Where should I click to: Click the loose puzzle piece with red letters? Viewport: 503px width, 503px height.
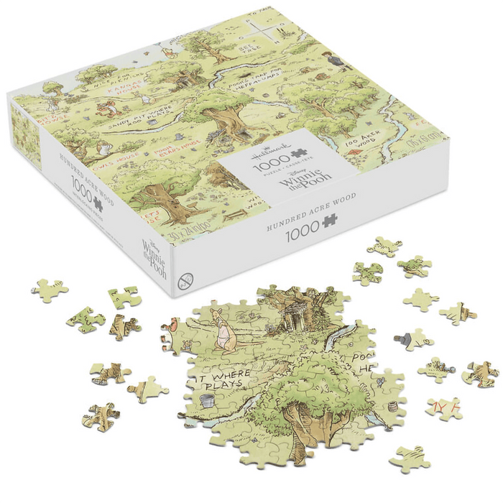[444, 409]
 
